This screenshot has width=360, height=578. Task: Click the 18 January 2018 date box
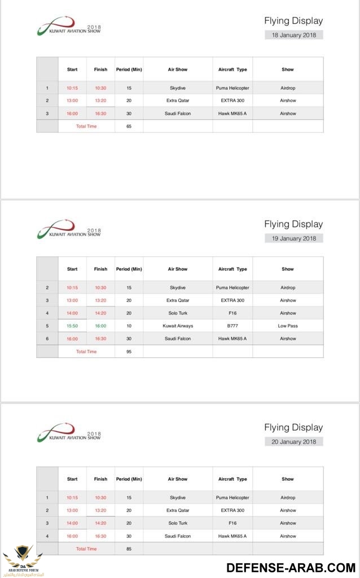click(294, 35)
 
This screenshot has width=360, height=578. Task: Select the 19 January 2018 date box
click(294, 238)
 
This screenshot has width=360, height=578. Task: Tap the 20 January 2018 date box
click(294, 442)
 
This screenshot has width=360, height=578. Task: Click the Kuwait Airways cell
click(178, 326)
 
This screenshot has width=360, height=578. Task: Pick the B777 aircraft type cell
click(232, 326)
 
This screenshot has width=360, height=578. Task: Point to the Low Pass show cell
click(288, 326)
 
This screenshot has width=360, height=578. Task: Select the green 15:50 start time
click(72, 326)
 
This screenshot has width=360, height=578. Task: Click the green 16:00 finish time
click(100, 326)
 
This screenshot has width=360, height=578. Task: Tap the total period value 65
click(129, 126)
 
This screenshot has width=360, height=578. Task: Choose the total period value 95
click(129, 352)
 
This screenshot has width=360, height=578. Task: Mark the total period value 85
click(129, 549)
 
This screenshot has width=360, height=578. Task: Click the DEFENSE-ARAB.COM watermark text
click(291, 567)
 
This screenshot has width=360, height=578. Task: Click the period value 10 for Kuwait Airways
click(129, 326)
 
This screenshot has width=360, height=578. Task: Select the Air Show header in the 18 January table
click(178, 69)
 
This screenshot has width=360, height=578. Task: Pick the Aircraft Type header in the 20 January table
click(232, 479)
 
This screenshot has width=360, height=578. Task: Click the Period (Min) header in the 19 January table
click(129, 269)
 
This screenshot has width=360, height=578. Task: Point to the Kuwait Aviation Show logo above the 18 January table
click(69, 27)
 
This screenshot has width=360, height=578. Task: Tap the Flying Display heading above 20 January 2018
click(293, 427)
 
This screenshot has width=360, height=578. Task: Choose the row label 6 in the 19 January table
click(47, 339)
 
